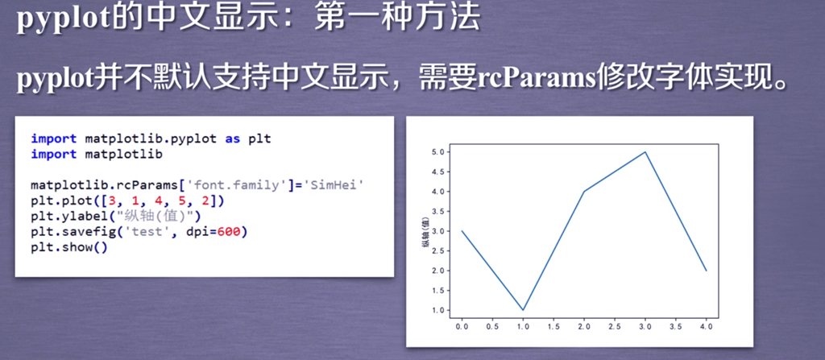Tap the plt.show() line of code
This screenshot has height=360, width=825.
(69, 247)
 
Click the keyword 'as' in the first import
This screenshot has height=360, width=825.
(233, 139)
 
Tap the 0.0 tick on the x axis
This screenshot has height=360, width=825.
(462, 327)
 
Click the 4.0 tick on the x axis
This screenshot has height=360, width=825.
(706, 327)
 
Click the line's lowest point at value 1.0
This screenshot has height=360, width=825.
(523, 309)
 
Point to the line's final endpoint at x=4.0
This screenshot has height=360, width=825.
(706, 271)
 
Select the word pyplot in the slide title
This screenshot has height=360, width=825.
(61, 20)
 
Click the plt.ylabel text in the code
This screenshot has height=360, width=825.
(61, 217)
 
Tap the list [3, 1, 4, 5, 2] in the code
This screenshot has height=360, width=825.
(166, 201)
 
